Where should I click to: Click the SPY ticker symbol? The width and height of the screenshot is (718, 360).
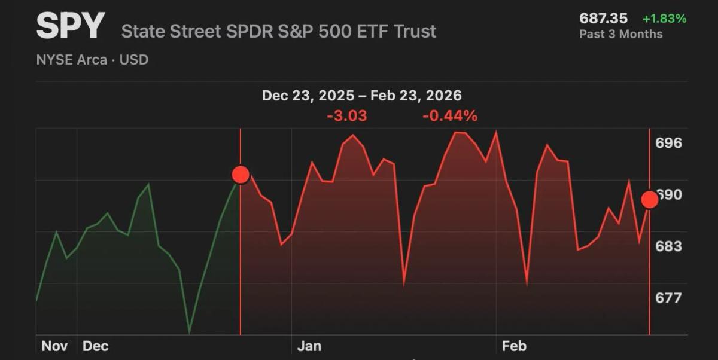tap(70, 26)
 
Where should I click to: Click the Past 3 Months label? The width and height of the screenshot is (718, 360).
tap(620, 34)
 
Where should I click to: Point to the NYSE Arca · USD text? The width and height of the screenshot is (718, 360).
tap(92, 60)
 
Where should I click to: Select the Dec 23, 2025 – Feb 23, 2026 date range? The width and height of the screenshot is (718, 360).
tap(361, 96)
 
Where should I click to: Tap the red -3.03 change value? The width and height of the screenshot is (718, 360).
tap(347, 116)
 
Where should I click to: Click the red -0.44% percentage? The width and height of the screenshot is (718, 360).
tap(450, 116)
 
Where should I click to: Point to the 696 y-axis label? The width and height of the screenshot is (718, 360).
tap(668, 143)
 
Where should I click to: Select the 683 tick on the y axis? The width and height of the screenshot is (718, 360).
tap(668, 246)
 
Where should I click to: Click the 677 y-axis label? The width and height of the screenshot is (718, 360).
tap(668, 298)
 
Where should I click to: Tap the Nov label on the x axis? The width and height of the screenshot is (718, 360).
tap(54, 346)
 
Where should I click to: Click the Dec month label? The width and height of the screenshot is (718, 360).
tap(95, 346)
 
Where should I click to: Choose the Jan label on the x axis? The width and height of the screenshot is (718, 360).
tap(309, 346)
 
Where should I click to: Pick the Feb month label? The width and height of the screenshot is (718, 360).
tap(514, 346)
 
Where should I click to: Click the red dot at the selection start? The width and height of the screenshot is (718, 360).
tap(241, 175)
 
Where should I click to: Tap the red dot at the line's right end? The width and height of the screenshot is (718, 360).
tap(650, 200)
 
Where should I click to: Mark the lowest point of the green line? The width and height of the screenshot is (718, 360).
tap(190, 332)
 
